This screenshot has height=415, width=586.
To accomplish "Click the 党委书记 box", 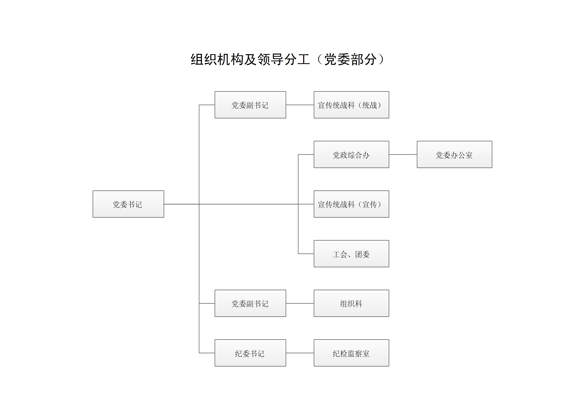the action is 128,204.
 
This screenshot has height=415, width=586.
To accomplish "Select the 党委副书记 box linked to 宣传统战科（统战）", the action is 250,105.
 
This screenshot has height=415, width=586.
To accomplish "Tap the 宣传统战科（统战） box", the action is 351,105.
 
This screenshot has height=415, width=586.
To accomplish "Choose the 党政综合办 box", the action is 351,154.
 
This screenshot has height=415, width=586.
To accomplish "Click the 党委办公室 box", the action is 455,154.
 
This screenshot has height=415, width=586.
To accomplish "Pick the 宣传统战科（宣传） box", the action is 351,204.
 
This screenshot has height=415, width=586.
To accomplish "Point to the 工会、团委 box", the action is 351,254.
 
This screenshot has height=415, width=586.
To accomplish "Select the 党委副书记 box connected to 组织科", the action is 250,303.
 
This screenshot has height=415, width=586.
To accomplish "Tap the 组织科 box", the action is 351,303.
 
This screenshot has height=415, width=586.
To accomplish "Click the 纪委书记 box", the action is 250,353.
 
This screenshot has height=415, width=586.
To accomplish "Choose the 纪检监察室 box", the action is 351,353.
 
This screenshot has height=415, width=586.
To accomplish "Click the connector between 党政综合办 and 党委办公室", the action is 403,154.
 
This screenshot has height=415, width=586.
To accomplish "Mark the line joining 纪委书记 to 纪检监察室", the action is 300,353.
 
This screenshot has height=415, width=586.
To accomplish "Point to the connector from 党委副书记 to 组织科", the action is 300,303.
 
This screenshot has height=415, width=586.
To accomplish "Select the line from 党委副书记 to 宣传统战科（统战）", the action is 300,105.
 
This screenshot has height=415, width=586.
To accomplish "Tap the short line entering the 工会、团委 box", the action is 306,254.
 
